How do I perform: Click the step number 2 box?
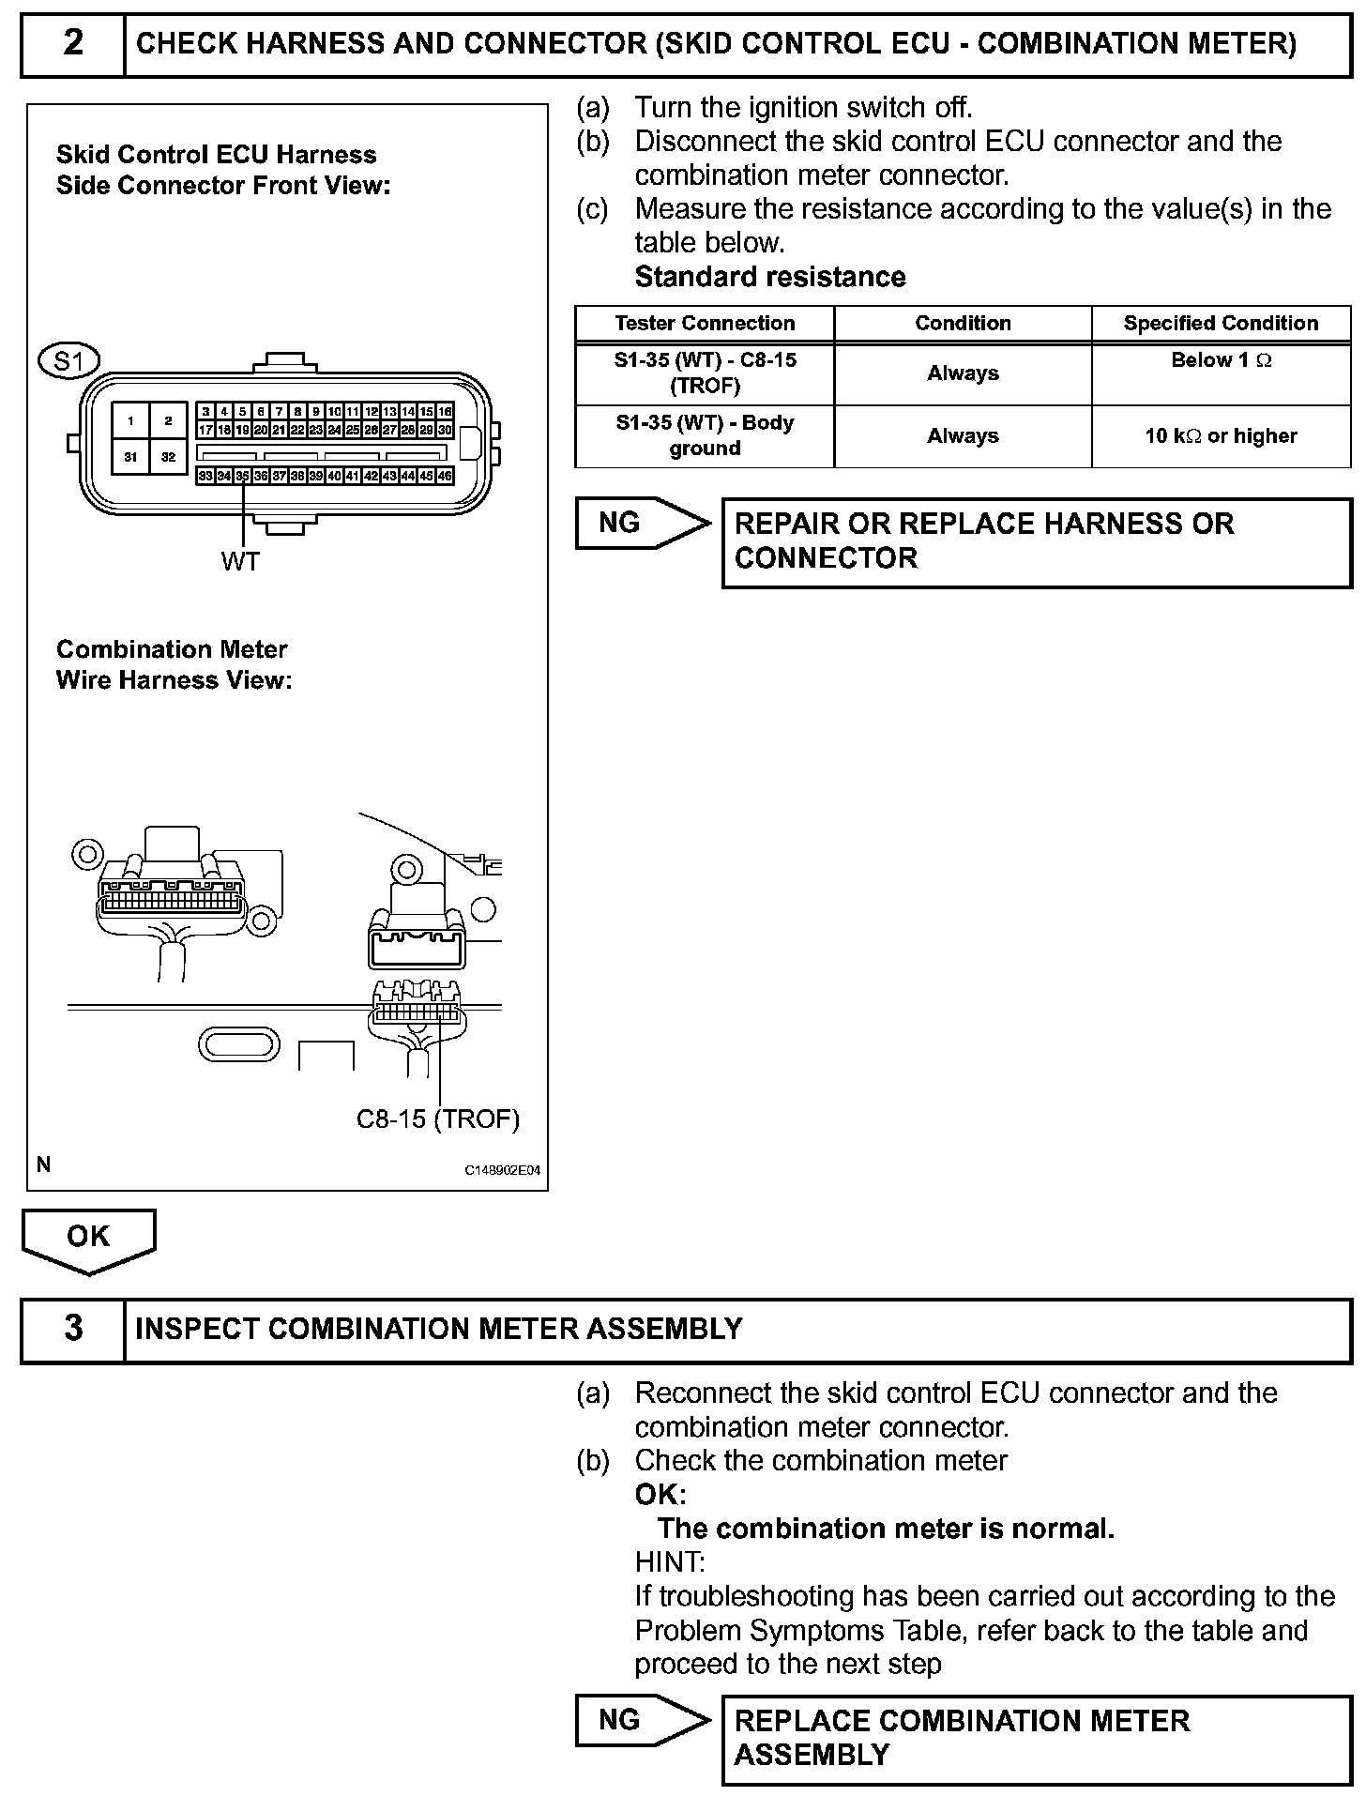(x=73, y=43)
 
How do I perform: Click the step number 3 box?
(x=73, y=1329)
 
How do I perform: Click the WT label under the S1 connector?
(x=240, y=561)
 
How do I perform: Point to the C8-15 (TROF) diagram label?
(x=437, y=1119)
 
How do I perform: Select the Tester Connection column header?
(x=705, y=324)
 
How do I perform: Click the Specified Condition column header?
(x=1221, y=324)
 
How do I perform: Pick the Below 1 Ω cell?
(x=1221, y=361)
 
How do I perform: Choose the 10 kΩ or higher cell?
(x=1221, y=436)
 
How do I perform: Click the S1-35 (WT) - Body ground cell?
(x=705, y=436)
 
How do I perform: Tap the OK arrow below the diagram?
(x=88, y=1239)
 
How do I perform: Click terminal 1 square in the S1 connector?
(x=131, y=421)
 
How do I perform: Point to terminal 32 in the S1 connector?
(x=168, y=457)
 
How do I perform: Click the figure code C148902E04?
(x=503, y=1170)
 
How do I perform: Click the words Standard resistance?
(x=770, y=277)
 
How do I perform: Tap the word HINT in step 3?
(x=669, y=1562)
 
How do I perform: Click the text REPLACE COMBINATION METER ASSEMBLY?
(x=962, y=1737)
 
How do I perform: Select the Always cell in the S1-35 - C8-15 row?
(x=963, y=373)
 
